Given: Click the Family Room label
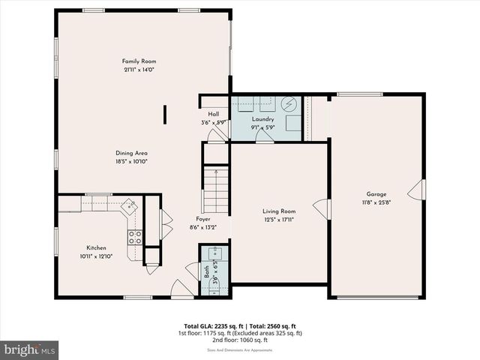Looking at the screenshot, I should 139,61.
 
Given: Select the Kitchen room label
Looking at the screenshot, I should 96,247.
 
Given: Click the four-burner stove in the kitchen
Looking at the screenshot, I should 135,238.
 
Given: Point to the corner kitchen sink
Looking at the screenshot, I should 130,204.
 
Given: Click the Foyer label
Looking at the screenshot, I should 202,219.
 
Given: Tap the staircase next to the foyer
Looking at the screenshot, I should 216,190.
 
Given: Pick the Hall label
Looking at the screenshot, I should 213,114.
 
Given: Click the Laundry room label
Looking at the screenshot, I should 262,118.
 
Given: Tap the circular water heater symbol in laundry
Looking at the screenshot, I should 289,104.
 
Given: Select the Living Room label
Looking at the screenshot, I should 278,211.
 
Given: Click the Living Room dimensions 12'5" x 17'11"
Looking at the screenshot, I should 278,220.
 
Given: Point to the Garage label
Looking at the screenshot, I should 376,193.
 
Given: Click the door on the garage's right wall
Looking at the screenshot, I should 421,190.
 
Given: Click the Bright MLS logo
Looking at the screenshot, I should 29,350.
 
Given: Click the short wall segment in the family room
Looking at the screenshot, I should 165,113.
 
